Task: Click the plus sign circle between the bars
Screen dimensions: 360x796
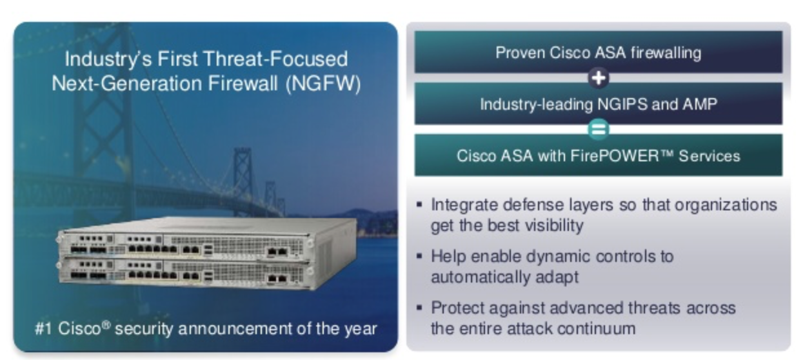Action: [x=599, y=78]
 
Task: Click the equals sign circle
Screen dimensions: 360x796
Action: [x=599, y=130]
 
